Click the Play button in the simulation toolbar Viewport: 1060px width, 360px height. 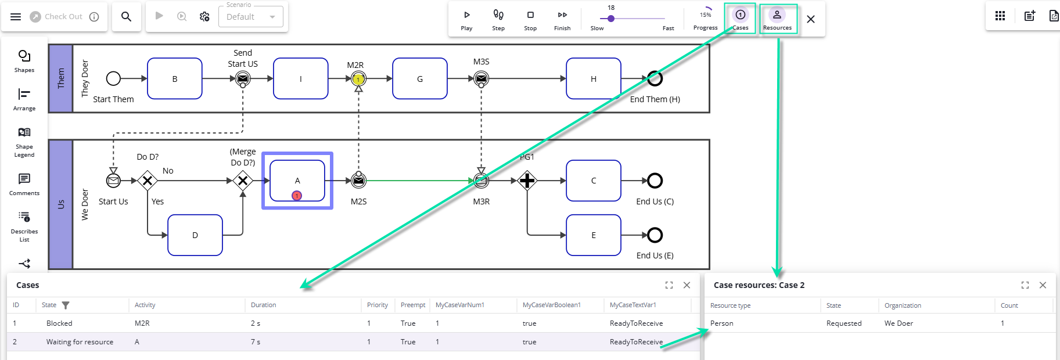pyautogui.click(x=466, y=19)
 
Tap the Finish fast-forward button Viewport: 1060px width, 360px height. pyautogui.click(x=562, y=19)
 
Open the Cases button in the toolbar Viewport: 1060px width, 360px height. pyautogui.click(x=740, y=19)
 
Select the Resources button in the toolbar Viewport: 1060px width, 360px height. pyautogui.click(x=777, y=19)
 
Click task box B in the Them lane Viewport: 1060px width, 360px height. pyautogui.click(x=175, y=79)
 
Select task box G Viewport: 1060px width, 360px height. pyautogui.click(x=420, y=79)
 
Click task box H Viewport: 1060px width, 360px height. pyautogui.click(x=594, y=79)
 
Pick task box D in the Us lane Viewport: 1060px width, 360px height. pyautogui.click(x=195, y=235)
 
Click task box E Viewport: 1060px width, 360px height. pyautogui.click(x=594, y=235)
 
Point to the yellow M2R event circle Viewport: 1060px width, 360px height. pyautogui.click(x=359, y=79)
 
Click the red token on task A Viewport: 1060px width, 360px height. pyautogui.click(x=297, y=196)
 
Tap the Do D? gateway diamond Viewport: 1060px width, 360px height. pyautogui.click(x=148, y=181)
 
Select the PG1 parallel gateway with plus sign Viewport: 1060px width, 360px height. pyautogui.click(x=527, y=181)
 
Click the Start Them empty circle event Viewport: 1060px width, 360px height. pyautogui.click(x=114, y=78)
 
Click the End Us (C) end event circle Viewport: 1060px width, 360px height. pyautogui.click(x=655, y=181)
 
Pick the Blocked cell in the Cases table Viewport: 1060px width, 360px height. pyautogui.click(x=59, y=323)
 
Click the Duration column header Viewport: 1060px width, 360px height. pyautogui.click(x=264, y=305)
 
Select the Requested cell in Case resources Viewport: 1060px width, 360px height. pyautogui.click(x=844, y=323)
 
